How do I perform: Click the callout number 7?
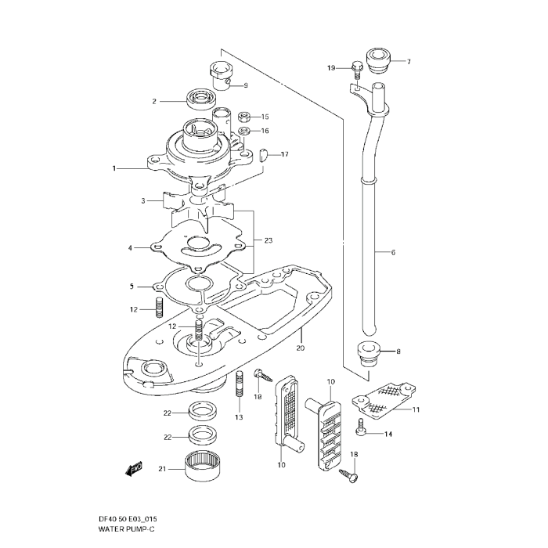(409, 62)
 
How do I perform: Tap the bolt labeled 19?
(356, 70)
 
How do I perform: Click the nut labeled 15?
(244, 117)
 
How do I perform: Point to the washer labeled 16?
(244, 131)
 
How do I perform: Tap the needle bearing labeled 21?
(200, 466)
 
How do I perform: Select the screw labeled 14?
(361, 427)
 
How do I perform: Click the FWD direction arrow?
(133, 470)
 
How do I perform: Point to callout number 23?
(269, 240)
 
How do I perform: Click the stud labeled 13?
(240, 384)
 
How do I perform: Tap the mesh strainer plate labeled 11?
(384, 401)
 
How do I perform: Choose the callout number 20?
(301, 348)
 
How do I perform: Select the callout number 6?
(393, 252)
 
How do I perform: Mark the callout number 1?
(114, 168)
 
